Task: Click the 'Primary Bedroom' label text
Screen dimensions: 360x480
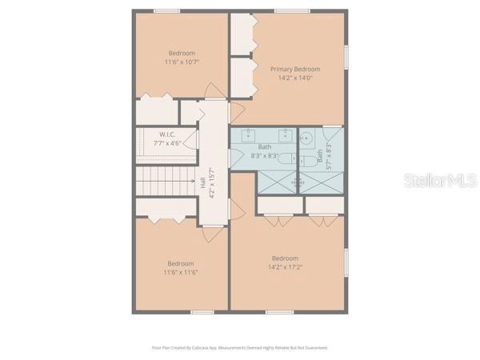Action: coord(294,69)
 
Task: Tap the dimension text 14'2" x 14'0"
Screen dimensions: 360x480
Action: coord(294,78)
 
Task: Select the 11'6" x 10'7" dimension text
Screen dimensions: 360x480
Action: coord(182,62)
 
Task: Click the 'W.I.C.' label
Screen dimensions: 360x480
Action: coord(167,134)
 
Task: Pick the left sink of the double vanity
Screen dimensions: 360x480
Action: coord(249,132)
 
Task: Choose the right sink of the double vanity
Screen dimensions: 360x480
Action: coord(282,132)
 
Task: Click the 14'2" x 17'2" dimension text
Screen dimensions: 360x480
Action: coord(285,268)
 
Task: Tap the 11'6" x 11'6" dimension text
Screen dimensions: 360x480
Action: coord(181,272)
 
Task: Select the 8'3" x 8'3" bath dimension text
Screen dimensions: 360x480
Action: coord(265,156)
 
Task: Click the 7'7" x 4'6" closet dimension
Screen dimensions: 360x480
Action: coord(167,143)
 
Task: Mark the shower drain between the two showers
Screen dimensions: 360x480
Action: coord(298,182)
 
